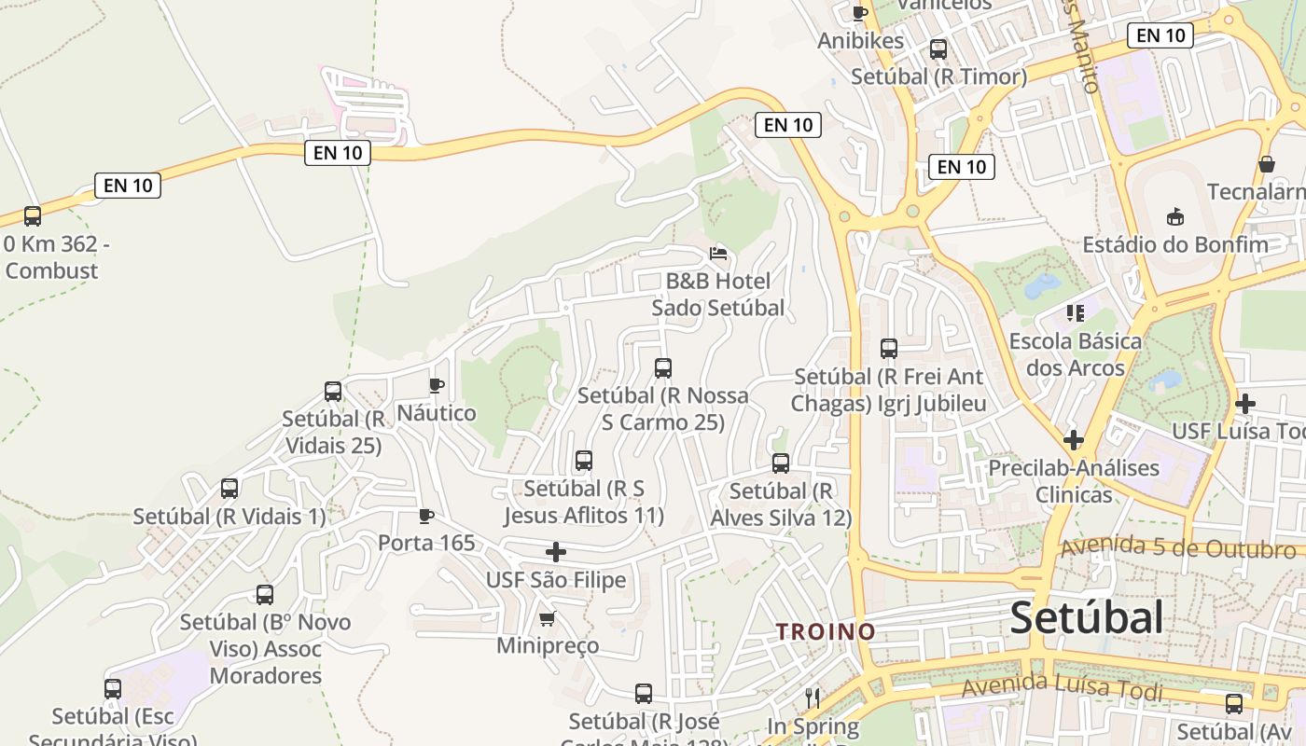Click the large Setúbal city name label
click(x=1087, y=617)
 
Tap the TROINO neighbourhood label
click(x=827, y=631)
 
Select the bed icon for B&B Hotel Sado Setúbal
click(x=718, y=253)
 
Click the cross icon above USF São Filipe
click(x=556, y=552)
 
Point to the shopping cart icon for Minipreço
click(x=548, y=618)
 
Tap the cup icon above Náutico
click(x=436, y=384)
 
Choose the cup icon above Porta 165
click(x=426, y=515)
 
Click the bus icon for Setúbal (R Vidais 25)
click(x=333, y=392)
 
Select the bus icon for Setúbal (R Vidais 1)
click(x=229, y=488)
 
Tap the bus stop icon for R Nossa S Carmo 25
click(x=663, y=367)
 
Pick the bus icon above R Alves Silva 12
click(x=781, y=463)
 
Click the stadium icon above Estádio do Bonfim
click(x=1175, y=217)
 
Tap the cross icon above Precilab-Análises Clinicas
click(x=1074, y=439)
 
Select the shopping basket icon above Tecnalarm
click(x=1267, y=164)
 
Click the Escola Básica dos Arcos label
click(x=1076, y=354)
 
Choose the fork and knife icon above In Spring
click(x=813, y=698)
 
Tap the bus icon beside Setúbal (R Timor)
click(x=938, y=49)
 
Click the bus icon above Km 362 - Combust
click(x=33, y=216)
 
